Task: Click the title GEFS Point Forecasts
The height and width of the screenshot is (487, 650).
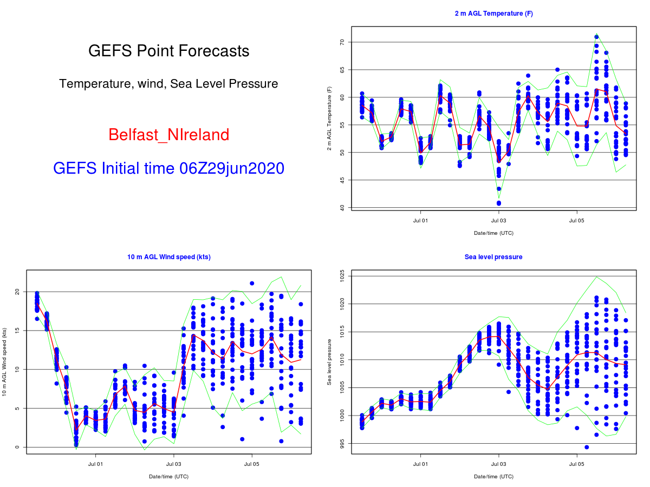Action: tap(168, 51)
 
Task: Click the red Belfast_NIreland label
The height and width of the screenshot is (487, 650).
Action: tap(168, 135)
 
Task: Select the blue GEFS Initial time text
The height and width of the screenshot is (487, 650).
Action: tap(168, 168)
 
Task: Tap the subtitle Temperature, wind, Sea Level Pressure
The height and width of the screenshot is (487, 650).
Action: tap(168, 84)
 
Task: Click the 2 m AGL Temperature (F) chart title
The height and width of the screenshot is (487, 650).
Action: tap(493, 14)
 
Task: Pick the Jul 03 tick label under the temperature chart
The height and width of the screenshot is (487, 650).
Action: tap(498, 221)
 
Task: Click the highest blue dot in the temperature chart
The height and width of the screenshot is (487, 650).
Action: tap(596, 37)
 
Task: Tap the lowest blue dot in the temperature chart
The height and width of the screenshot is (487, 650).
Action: tap(498, 203)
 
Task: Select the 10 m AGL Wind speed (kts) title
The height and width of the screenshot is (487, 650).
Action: tap(169, 257)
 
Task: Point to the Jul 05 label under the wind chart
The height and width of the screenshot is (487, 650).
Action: tap(252, 464)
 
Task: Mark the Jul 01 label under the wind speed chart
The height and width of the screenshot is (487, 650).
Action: tap(95, 464)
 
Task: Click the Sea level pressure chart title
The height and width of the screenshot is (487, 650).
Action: tap(493, 257)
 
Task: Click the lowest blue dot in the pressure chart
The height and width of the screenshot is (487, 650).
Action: tap(587, 447)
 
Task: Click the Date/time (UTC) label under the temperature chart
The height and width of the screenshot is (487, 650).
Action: tap(493, 233)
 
